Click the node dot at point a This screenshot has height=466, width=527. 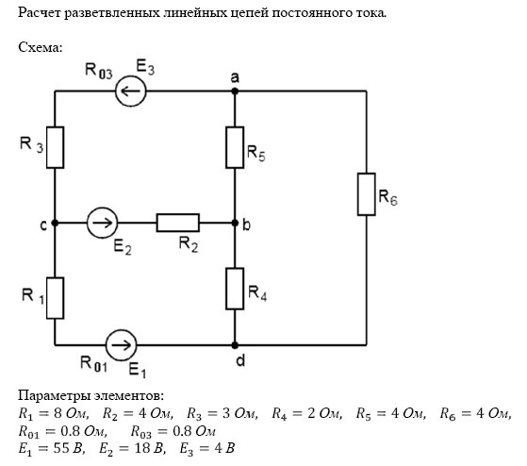(x=235, y=91)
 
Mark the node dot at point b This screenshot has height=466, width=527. (x=235, y=223)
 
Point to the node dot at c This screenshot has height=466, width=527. (x=55, y=223)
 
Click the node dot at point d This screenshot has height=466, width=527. (x=235, y=345)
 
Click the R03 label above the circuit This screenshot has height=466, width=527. (x=98, y=71)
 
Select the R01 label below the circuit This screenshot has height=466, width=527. (x=93, y=364)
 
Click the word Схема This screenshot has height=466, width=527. (x=41, y=47)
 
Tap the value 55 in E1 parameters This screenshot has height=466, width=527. (x=61, y=448)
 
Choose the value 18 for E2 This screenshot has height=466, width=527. (x=142, y=448)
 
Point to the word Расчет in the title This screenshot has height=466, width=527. (x=39, y=13)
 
